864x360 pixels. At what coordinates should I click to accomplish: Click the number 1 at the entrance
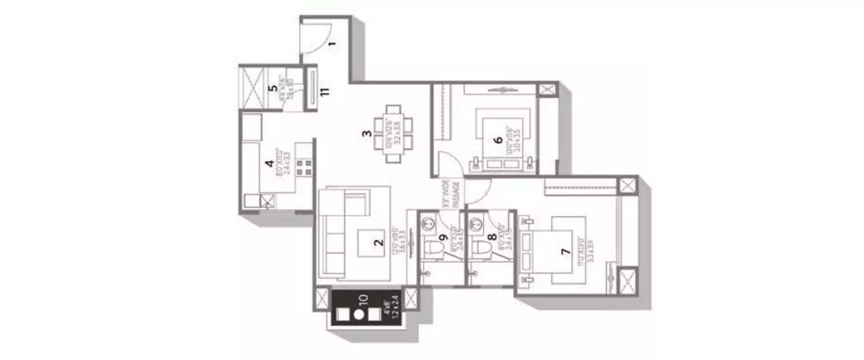click(332, 44)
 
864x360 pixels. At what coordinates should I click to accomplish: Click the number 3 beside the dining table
click(366, 135)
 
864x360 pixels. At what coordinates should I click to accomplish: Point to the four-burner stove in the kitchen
click(304, 168)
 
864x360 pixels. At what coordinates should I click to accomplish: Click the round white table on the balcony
click(358, 314)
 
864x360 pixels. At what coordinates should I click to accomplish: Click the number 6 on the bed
click(499, 139)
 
